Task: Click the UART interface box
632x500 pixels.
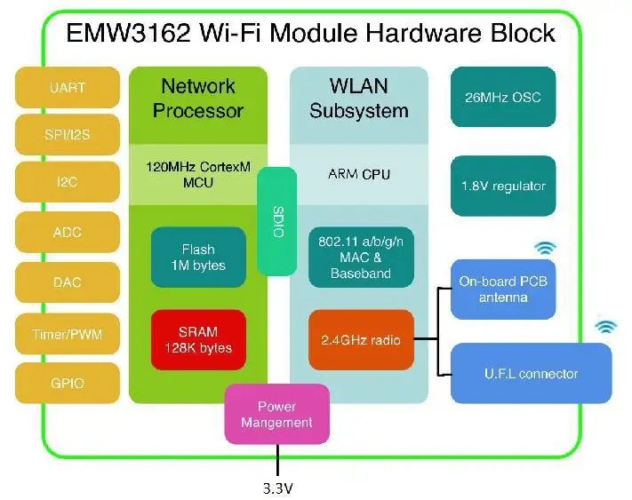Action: pos(68,88)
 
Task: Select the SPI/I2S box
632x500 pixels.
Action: pos(68,135)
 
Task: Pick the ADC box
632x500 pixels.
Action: pos(68,233)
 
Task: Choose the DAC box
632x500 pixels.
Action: pos(68,282)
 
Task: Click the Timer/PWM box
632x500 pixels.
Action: pos(68,335)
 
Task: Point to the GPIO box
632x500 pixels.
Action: pos(68,384)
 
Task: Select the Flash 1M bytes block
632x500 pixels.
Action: pos(197,258)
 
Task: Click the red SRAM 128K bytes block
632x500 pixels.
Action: pos(197,338)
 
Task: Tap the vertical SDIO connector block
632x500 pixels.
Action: pos(276,221)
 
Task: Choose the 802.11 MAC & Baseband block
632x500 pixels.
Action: pos(360,258)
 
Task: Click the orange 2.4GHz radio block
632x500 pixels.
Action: pos(360,338)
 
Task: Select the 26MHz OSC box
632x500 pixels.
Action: pos(503,97)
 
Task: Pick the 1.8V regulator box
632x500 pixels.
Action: pos(503,186)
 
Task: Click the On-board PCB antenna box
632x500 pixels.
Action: pos(504,289)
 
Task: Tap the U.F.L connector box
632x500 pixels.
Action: pos(531,373)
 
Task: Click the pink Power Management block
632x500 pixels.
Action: pos(276,414)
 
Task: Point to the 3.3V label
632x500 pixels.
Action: pos(278,487)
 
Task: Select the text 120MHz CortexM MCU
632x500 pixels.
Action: pos(197,174)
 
